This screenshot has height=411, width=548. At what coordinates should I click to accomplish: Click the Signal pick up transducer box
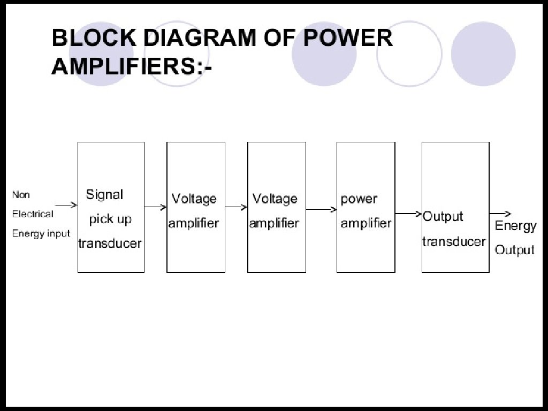111,207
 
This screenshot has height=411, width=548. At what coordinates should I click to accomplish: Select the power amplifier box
366,207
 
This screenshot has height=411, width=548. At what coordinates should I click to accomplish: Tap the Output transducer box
455,207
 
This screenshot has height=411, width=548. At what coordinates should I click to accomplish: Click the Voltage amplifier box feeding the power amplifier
276,207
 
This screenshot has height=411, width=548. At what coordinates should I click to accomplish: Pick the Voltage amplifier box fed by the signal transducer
195,207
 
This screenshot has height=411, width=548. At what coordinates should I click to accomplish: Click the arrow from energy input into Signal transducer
66,204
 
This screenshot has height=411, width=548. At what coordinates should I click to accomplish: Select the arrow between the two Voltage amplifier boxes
236,207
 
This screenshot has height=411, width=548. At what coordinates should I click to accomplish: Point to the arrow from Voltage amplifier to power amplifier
321,209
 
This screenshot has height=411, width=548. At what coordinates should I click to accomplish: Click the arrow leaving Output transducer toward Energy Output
500,214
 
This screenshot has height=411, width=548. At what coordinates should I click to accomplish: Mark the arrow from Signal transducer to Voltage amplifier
155,207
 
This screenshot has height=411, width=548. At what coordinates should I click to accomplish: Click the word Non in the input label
21,195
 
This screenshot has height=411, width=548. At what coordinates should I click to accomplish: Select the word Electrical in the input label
33,214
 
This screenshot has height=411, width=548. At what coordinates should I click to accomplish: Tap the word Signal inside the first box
105,194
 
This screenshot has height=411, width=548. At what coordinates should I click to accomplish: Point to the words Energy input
41,233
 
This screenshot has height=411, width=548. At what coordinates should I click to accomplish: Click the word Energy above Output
515,226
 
